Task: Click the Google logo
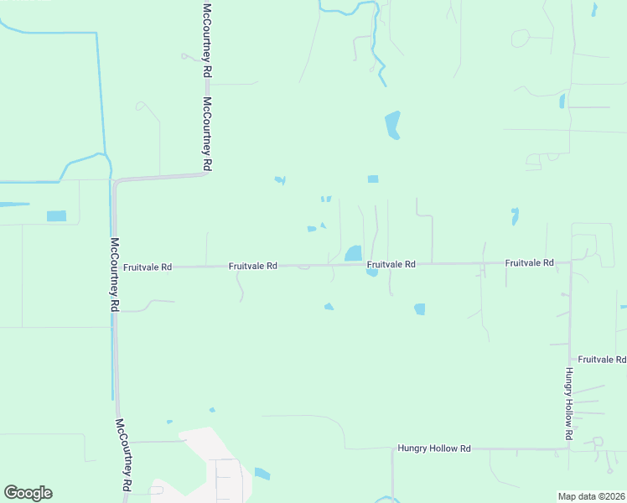click(28, 493)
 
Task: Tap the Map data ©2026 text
click(592, 496)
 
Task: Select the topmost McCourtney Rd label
click(205, 40)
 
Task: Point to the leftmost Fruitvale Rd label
click(147, 267)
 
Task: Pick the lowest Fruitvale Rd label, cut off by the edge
click(602, 359)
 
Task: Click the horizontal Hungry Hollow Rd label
click(434, 449)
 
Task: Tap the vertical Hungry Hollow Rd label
click(567, 404)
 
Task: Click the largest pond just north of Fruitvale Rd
click(353, 253)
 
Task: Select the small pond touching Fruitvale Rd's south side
click(371, 272)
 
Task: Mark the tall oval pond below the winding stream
click(392, 125)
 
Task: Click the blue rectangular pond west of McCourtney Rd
click(56, 216)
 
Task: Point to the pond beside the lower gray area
click(262, 474)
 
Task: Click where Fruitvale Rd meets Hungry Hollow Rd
click(569, 263)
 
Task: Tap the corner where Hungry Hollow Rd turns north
click(569, 449)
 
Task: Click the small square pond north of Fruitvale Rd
click(373, 179)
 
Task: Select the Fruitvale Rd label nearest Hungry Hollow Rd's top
click(529, 263)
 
